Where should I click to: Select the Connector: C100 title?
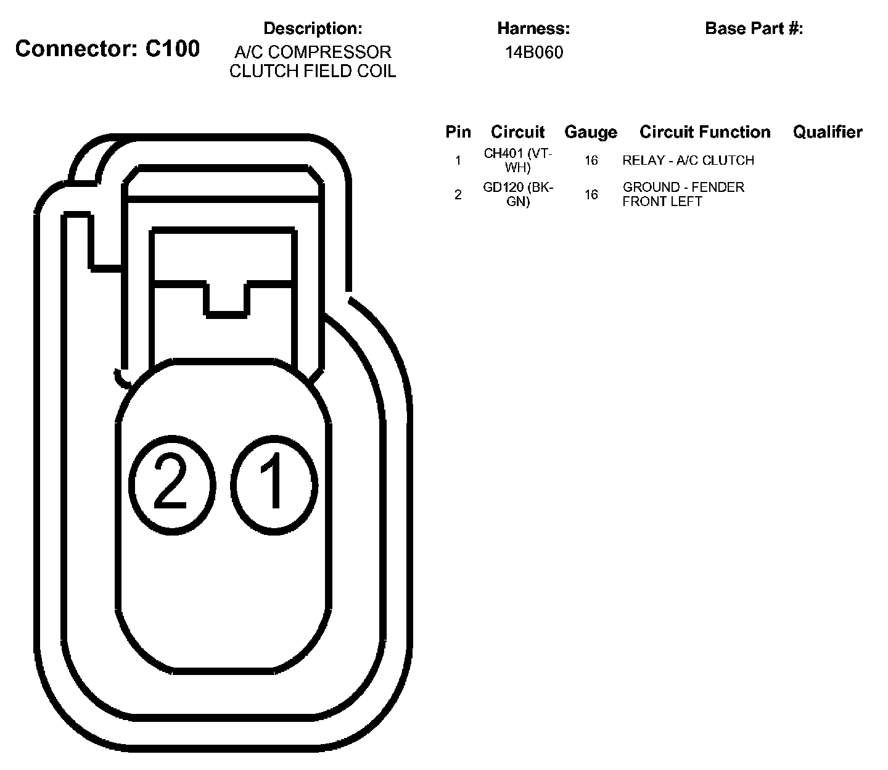[x=107, y=49]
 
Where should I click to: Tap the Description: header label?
[x=313, y=28]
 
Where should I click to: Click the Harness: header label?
[x=533, y=28]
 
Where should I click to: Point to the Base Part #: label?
[x=754, y=28]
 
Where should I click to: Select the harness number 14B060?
[x=534, y=52]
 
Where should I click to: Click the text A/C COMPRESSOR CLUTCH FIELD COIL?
[x=313, y=62]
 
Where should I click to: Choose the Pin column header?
[x=458, y=132]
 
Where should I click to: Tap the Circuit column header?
[x=518, y=132]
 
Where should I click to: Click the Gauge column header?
[x=591, y=132]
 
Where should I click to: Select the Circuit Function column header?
[x=705, y=132]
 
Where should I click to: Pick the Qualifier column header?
[x=828, y=132]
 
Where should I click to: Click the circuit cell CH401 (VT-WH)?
[x=518, y=160]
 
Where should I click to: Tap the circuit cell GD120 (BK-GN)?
[x=518, y=194]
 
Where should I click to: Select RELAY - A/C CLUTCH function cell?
[x=688, y=160]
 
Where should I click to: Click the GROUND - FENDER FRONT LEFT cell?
[x=683, y=194]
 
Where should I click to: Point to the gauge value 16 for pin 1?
[x=591, y=160]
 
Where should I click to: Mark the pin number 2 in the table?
[x=458, y=195]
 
